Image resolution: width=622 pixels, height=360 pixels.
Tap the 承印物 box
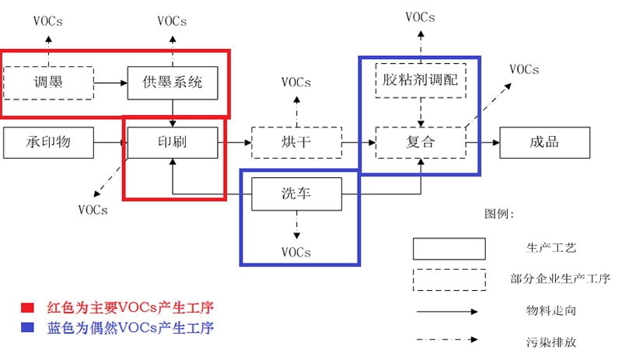pyautogui.click(x=48, y=142)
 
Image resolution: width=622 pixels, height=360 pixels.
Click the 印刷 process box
pyautogui.click(x=172, y=142)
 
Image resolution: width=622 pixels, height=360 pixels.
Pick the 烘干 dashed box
pyautogui.click(x=296, y=142)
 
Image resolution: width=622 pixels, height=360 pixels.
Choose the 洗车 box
pyautogui.click(x=296, y=193)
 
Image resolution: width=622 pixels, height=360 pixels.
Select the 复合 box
pyautogui.click(x=421, y=142)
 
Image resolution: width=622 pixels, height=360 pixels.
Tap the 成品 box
pyautogui.click(x=544, y=142)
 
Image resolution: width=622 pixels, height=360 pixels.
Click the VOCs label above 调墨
pyautogui.click(x=48, y=22)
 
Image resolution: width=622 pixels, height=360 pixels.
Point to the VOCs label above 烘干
pyautogui.click(x=296, y=82)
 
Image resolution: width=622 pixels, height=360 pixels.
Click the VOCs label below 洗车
pyautogui.click(x=296, y=252)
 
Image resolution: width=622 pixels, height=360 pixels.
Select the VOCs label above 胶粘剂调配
pyautogui.click(x=421, y=16)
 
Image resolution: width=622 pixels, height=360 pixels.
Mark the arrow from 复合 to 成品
pyautogui.click(x=482, y=142)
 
